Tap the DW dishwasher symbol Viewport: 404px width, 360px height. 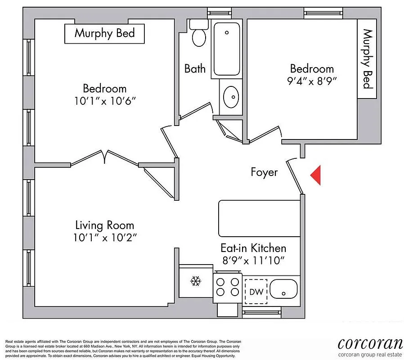click(256, 292)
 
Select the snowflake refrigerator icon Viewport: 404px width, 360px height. click(195, 282)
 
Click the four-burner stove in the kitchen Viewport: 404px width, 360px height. click(228, 286)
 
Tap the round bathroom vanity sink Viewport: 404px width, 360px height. click(231, 95)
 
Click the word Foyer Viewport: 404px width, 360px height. click(264, 172)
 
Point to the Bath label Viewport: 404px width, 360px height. click(195, 68)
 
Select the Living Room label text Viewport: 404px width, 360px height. click(104, 225)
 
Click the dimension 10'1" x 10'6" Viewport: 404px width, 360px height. click(104, 101)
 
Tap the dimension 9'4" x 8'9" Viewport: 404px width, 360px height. click(312, 81)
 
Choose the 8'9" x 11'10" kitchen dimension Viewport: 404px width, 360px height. click(253, 260)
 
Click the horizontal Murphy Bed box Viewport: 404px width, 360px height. click(105, 33)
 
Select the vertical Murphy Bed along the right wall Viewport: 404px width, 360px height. click(368, 58)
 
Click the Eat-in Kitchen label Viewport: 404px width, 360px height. click(253, 248)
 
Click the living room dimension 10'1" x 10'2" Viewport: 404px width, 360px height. click(104, 237)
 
